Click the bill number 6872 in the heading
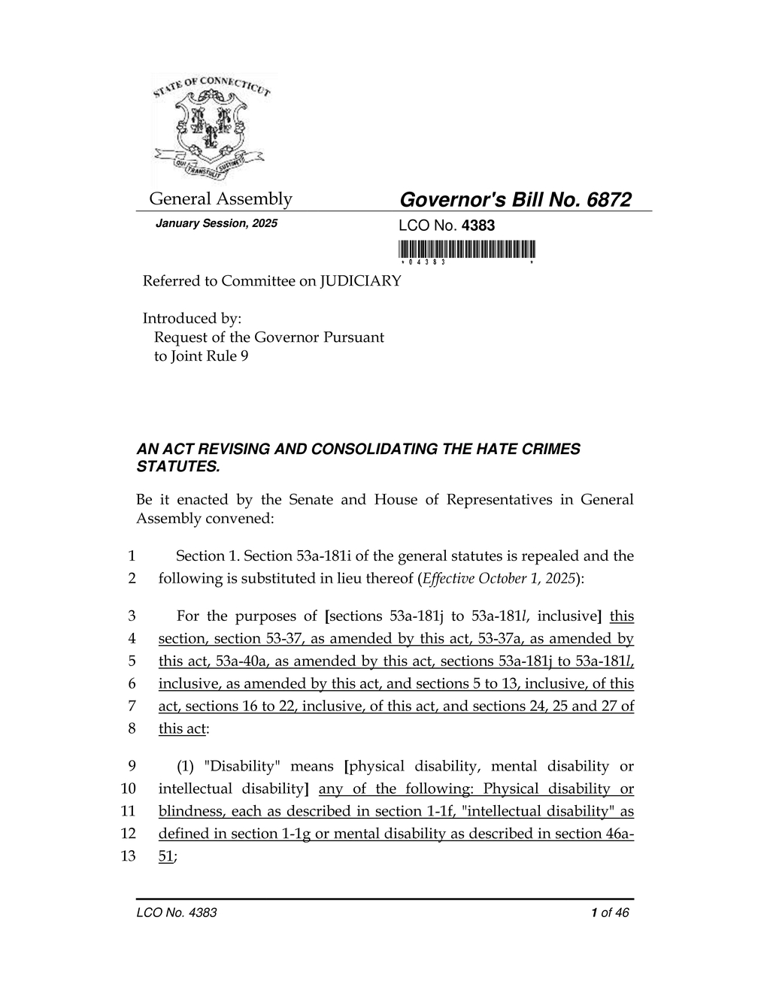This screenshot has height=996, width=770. tap(607, 200)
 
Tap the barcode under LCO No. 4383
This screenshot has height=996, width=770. tap(467, 249)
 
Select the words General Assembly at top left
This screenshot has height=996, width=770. tap(220, 199)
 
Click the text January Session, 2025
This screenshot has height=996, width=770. tap(216, 224)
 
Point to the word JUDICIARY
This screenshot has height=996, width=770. tap(360, 281)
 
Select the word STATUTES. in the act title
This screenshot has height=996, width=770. tap(178, 467)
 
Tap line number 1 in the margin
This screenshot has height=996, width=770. tap(132, 556)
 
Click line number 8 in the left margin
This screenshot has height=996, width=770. tap(132, 728)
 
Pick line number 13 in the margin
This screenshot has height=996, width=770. tap(128, 856)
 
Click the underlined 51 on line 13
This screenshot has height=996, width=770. tap(165, 856)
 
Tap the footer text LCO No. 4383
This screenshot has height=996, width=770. tap(177, 913)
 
